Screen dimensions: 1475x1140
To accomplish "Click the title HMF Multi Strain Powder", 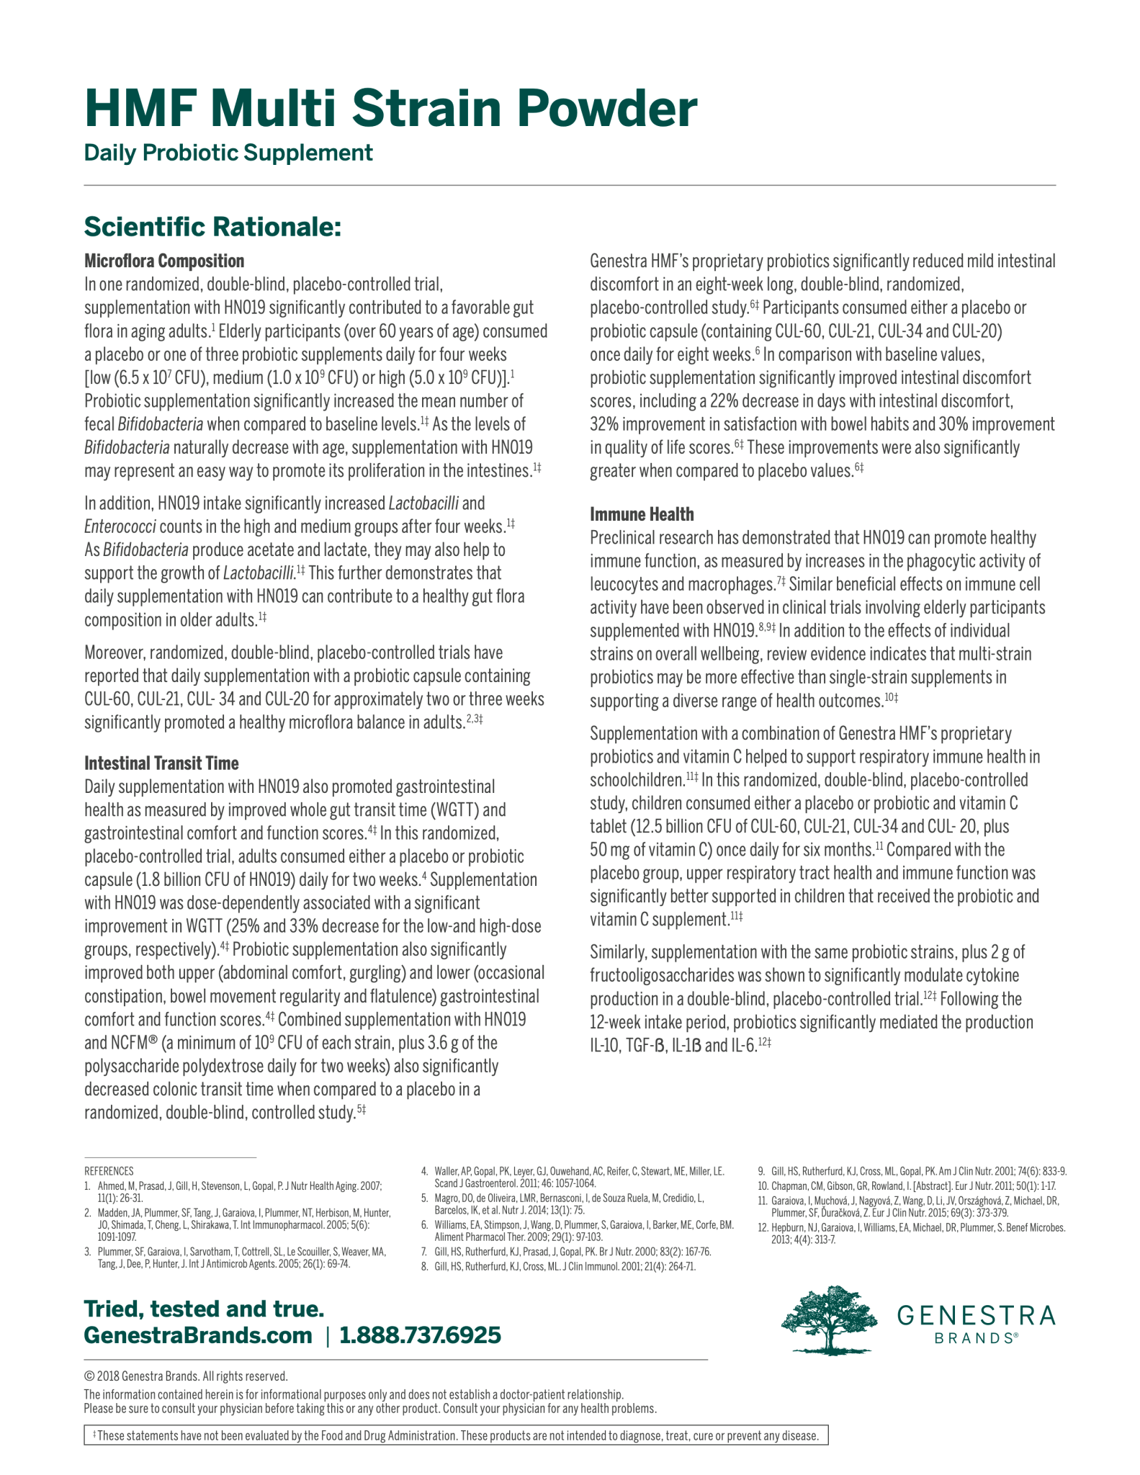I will pos(390,109).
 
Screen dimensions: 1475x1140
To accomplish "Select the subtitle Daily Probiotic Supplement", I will pos(228,153).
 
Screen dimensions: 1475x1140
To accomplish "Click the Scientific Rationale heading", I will pos(212,227).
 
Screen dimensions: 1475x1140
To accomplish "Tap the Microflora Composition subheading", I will pos(164,261).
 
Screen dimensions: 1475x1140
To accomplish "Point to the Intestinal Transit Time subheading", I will pos(161,763).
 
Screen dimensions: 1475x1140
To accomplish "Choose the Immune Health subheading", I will pos(642,514).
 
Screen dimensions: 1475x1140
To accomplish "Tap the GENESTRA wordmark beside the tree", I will pos(976,1316).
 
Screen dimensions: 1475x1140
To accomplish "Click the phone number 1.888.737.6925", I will pos(420,1335).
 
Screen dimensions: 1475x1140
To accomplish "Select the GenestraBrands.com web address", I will pos(198,1335).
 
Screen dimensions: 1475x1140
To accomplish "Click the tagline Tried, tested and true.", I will pos(204,1308).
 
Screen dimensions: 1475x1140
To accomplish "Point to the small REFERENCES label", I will pos(109,1171).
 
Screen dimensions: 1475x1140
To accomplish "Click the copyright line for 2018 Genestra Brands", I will pos(186,1376).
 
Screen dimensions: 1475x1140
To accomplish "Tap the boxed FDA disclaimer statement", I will pos(456,1435).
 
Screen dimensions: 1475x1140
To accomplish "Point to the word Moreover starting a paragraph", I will pos(115,653).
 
